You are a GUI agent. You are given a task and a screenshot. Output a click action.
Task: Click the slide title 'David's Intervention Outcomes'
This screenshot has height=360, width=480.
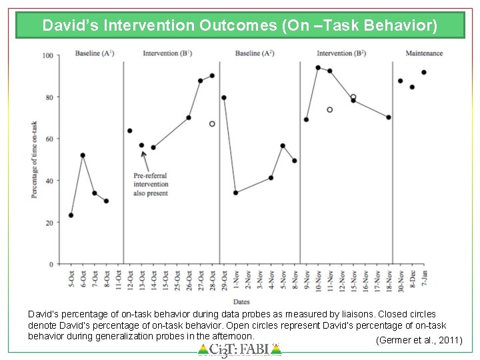(x=240, y=26)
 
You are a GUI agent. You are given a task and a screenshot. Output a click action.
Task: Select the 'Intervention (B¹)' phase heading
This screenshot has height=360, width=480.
(x=167, y=53)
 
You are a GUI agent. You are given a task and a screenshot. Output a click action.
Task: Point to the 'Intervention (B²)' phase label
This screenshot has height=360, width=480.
(x=341, y=53)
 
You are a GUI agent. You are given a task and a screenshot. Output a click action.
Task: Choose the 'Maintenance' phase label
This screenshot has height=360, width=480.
(x=424, y=53)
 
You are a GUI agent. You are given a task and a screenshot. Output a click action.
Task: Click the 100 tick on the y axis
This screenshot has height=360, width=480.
(x=47, y=55)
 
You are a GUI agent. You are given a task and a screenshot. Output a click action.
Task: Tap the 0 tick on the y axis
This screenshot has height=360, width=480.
(x=51, y=264)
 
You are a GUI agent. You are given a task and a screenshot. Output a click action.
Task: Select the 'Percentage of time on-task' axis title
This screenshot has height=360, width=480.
(x=34, y=159)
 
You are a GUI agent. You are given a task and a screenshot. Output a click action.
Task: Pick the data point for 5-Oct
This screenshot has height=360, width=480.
(x=71, y=215)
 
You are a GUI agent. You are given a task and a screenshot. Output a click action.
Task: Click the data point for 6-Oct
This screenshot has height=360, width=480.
(x=83, y=155)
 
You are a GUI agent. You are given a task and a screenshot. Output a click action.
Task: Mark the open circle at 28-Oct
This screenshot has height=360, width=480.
(x=212, y=124)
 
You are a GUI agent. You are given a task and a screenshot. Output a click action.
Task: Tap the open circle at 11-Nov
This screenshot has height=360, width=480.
(x=329, y=109)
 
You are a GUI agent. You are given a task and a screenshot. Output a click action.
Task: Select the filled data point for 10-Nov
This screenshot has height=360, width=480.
(x=318, y=67)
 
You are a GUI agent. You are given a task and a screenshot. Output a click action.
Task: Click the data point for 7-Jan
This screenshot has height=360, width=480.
(x=423, y=72)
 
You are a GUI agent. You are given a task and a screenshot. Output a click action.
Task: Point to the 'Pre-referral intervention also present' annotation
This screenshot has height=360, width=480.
(x=151, y=184)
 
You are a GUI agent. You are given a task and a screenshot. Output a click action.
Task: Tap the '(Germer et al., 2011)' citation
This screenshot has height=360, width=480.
(x=419, y=340)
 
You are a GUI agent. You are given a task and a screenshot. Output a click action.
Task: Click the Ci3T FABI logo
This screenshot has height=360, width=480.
(x=240, y=349)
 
